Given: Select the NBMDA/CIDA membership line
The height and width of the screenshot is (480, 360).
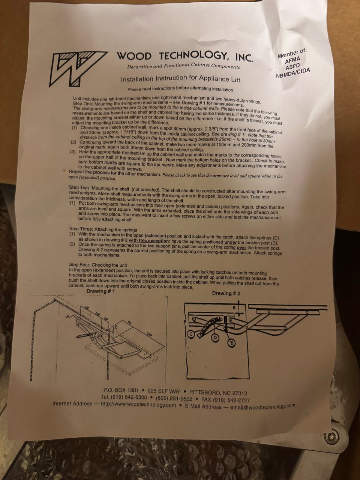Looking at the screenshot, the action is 293,73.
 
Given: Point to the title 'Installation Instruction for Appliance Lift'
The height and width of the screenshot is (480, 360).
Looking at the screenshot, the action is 180,79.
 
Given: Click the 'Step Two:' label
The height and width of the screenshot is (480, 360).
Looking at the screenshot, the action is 79,187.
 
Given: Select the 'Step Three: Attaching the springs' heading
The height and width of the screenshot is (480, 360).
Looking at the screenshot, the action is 103,229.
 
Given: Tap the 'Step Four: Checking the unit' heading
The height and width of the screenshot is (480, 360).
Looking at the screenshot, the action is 98,265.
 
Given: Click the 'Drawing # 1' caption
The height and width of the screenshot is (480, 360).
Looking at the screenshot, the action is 100,291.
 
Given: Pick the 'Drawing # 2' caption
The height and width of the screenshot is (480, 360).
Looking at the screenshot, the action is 226,293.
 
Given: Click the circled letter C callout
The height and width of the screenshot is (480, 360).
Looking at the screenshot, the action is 191,334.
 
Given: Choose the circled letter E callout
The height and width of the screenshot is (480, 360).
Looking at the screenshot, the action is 232,343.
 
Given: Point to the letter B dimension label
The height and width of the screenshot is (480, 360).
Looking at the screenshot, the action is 234,307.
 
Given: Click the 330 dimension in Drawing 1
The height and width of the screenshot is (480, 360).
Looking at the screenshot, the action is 149,334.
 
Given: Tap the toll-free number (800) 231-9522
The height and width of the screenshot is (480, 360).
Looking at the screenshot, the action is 174,398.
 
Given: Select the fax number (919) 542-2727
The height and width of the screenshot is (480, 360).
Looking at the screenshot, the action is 226,400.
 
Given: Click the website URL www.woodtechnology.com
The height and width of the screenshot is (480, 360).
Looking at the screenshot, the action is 138,405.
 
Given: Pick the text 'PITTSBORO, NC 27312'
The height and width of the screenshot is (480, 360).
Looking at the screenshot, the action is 218,393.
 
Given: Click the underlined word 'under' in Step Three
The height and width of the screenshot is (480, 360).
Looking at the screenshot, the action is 231,243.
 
